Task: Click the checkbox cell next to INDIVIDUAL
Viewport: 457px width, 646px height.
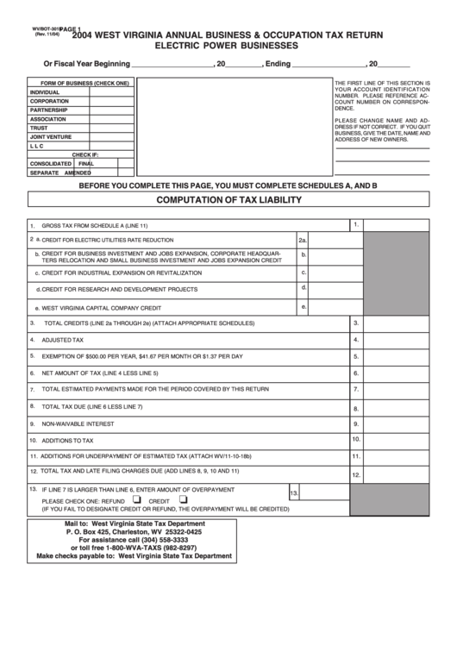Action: pos(111,92)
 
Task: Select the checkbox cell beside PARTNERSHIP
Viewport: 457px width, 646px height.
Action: pos(111,110)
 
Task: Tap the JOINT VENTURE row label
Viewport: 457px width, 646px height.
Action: pos(51,136)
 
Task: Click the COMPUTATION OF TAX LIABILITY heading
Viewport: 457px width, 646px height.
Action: pos(228,200)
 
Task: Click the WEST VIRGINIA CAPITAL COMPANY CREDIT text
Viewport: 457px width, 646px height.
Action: pos(101,307)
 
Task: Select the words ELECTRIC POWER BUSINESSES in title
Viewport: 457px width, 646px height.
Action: pos(227,44)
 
